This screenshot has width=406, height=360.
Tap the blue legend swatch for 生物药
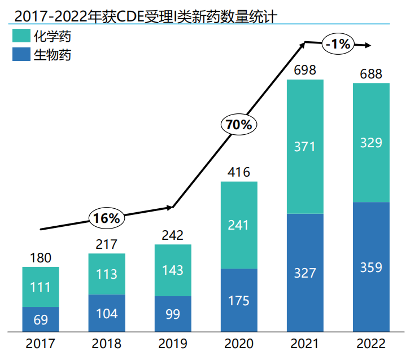[23, 55]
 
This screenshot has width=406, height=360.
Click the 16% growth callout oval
[107, 218]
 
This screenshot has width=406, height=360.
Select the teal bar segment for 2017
[41, 287]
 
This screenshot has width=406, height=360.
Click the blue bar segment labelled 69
[41, 319]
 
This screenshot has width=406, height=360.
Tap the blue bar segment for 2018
[107, 313]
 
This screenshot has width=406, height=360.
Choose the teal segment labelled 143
[173, 270]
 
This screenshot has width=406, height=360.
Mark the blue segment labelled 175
[239, 300]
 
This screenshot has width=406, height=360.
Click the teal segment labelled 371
[305, 147]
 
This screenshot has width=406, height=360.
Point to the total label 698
[305, 71]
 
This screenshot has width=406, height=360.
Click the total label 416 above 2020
[239, 172]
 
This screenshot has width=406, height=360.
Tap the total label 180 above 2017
[41, 258]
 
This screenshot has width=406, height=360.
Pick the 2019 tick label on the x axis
[173, 344]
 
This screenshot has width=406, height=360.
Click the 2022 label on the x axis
[371, 344]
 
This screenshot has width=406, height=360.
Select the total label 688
[371, 74]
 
